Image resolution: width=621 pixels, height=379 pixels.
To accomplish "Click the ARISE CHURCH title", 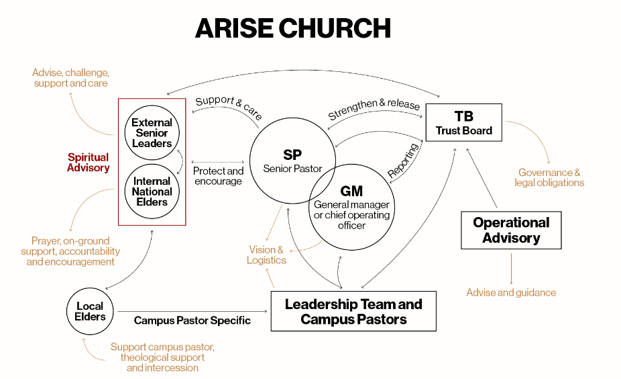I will tap(292, 28).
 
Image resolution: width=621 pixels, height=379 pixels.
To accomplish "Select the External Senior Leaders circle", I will tap(152, 132).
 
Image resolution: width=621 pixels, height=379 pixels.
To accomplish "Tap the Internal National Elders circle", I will tap(152, 191).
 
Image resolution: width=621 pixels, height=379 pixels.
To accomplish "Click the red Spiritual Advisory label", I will tap(88, 163).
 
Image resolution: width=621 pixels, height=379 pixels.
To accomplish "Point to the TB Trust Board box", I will tap(463, 122).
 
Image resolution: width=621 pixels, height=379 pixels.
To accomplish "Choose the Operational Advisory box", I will tap(511, 230).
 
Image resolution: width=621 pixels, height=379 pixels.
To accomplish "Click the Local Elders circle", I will tap(90, 311).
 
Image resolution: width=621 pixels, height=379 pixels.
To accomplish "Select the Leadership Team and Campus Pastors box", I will tap(353, 311).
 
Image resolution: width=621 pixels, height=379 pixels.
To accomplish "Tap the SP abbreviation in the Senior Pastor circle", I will tap(292, 155).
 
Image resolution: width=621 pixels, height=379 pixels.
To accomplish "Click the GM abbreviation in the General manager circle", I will tap(351, 191).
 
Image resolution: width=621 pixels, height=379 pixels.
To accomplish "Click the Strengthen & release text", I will tap(374, 110).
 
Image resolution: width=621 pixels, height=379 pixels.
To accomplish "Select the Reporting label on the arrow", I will tap(403, 161).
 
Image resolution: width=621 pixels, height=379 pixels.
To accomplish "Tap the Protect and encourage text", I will tap(218, 176).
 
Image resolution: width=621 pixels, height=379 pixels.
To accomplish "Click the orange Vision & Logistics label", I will tap(266, 255).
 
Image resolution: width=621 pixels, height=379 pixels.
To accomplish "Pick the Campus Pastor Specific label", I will tap(192, 321).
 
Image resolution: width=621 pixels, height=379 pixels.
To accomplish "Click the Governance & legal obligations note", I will tap(549, 177).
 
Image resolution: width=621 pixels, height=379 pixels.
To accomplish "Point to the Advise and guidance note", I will tap(511, 292).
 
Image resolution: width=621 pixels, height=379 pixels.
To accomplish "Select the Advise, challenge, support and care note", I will tap(70, 77).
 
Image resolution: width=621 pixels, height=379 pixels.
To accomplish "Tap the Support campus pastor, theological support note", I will tap(162, 357).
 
